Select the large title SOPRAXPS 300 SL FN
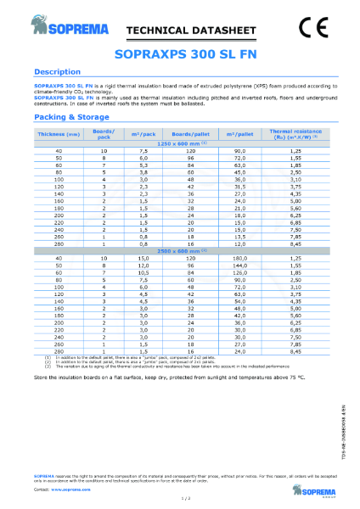point(180,53)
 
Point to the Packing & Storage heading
point(75,118)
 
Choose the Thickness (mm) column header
point(53,133)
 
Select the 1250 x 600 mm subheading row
point(180,142)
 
